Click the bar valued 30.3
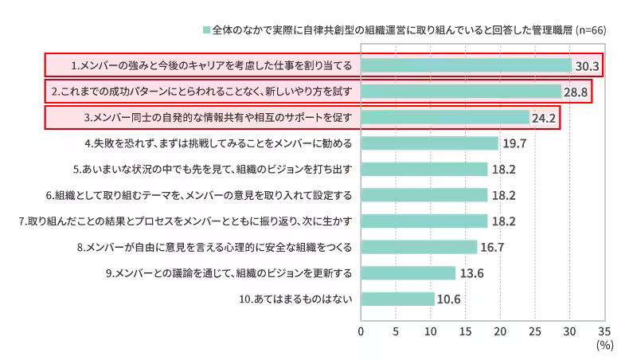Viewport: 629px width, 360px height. click(467, 65)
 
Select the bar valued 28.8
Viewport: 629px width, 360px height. click(461, 92)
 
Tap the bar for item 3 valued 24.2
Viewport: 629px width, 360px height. click(445, 118)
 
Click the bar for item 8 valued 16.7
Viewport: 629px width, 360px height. click(419, 247)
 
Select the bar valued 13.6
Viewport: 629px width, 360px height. click(408, 273)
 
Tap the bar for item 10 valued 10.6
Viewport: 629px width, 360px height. click(398, 299)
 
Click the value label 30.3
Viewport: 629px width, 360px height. click(587, 65)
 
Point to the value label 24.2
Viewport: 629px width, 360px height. click(545, 118)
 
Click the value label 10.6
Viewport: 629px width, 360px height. click(450, 299)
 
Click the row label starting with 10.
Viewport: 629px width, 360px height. click(295, 299)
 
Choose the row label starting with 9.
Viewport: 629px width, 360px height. click(229, 273)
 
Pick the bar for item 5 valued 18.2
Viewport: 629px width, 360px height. click(424, 170)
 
